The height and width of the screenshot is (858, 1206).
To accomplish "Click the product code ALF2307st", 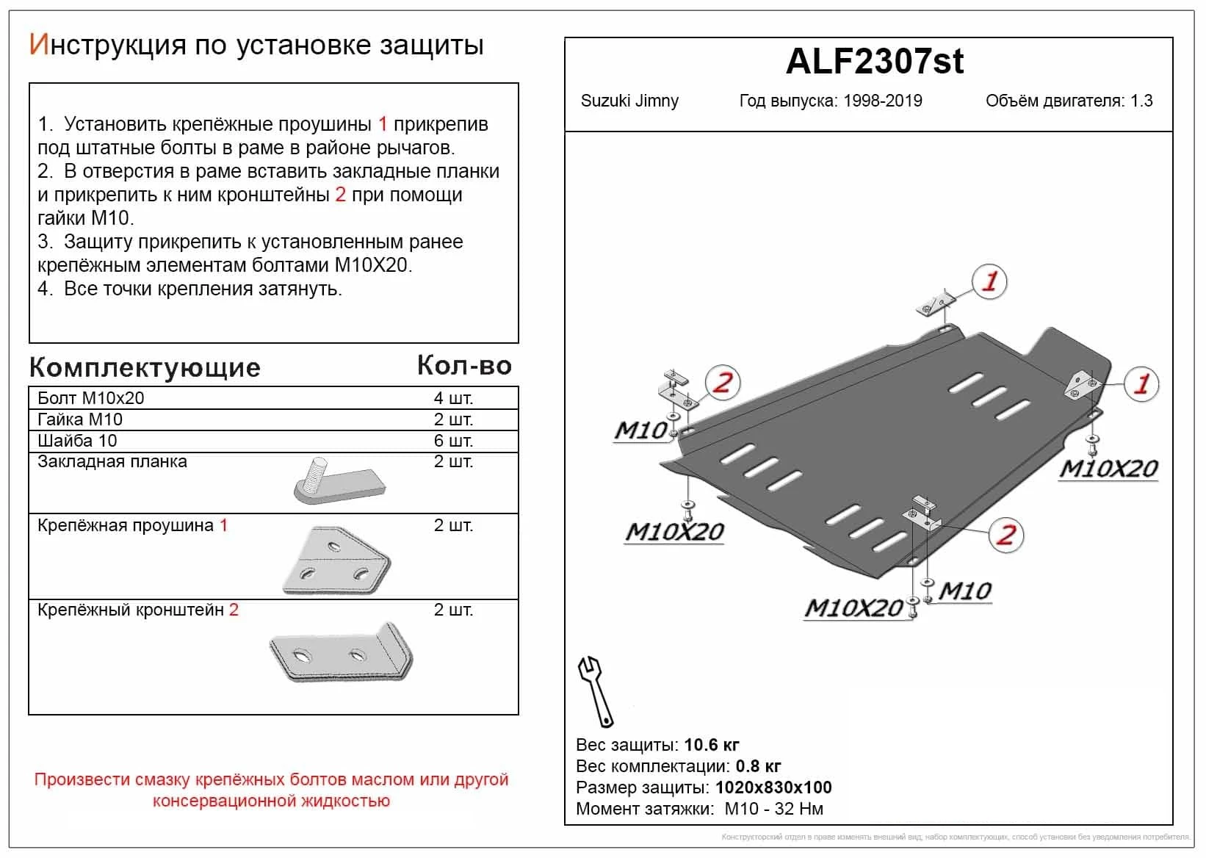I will click(x=874, y=62).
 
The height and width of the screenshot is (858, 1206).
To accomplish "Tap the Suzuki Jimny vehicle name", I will click(x=629, y=101).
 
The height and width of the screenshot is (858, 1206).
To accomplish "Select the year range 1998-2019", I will click(x=882, y=101).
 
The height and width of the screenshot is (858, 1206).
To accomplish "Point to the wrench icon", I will click(x=595, y=691).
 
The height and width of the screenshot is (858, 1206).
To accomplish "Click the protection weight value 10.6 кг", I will click(x=711, y=745).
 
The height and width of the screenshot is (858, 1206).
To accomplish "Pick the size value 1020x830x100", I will click(x=773, y=787).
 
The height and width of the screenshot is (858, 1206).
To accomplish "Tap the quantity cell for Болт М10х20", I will click(x=453, y=398).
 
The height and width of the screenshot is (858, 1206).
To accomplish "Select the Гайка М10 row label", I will click(x=80, y=419).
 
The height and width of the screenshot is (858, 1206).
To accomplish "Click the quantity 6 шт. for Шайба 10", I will click(x=453, y=441).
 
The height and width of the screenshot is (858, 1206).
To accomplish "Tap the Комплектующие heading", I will click(x=145, y=367).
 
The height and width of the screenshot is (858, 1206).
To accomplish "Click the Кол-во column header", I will click(x=464, y=366).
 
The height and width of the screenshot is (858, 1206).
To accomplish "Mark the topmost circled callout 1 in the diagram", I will click(x=989, y=281).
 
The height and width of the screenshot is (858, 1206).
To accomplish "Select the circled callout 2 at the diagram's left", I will click(x=723, y=383).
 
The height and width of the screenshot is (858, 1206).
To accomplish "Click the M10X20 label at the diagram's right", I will click(x=1108, y=469).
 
